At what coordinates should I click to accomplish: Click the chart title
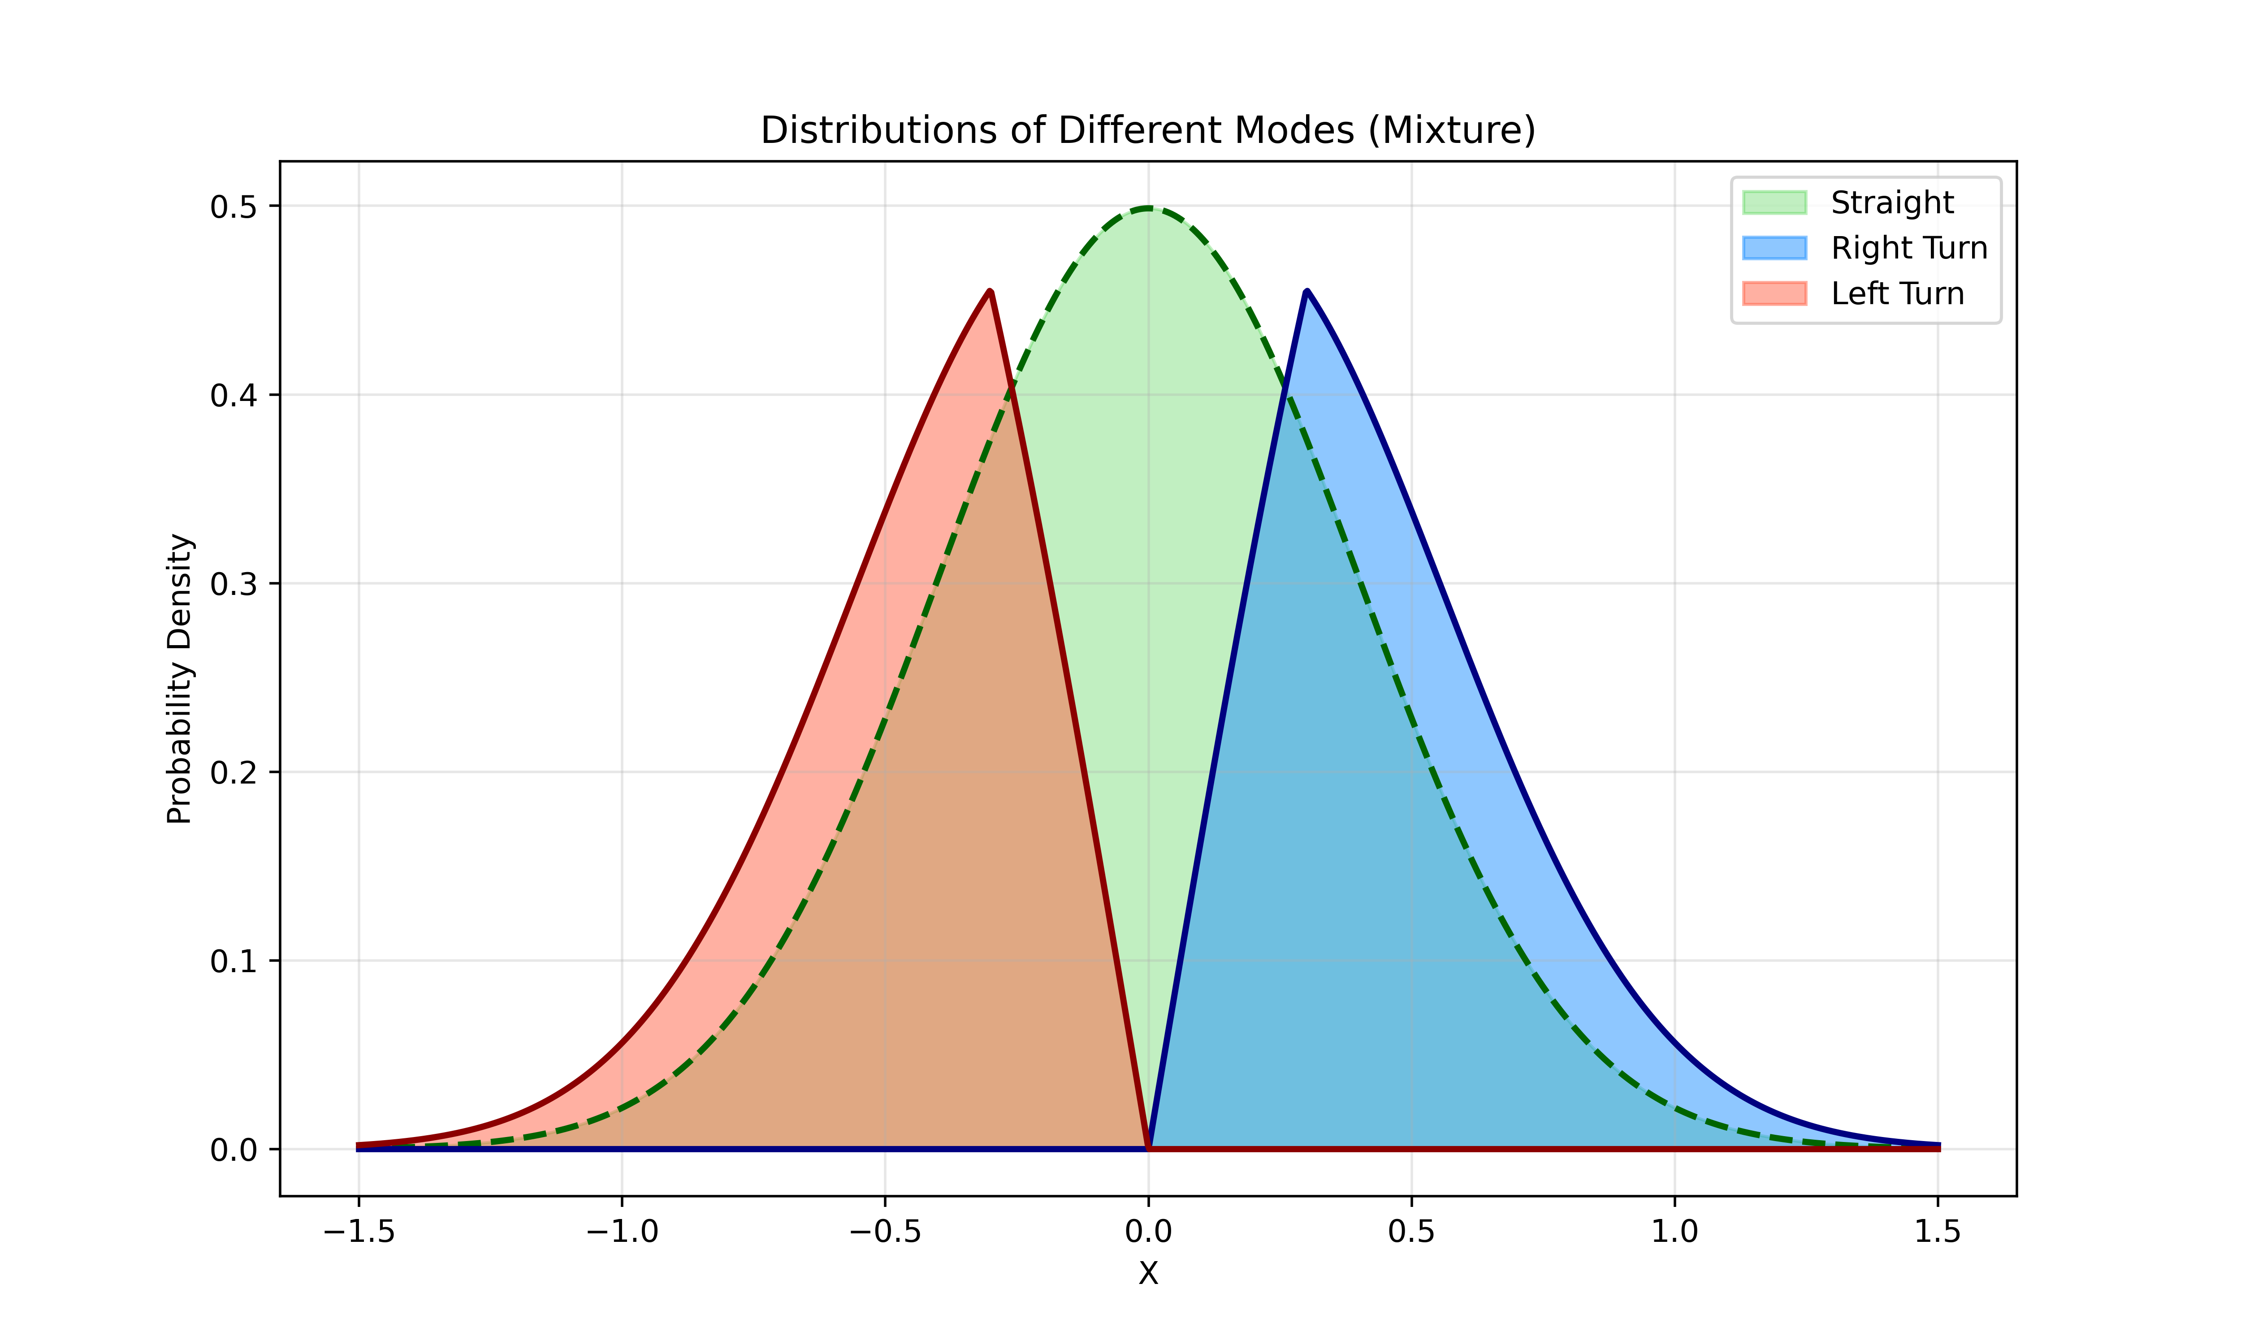pos(1148,130)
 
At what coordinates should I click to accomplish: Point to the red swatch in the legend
pos(1774,293)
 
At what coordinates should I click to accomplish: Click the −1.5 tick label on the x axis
pos(359,1232)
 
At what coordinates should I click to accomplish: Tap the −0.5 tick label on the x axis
pos(885,1232)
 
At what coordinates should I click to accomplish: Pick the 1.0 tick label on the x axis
pos(1674,1232)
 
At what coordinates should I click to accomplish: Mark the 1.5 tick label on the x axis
pos(1938,1232)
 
